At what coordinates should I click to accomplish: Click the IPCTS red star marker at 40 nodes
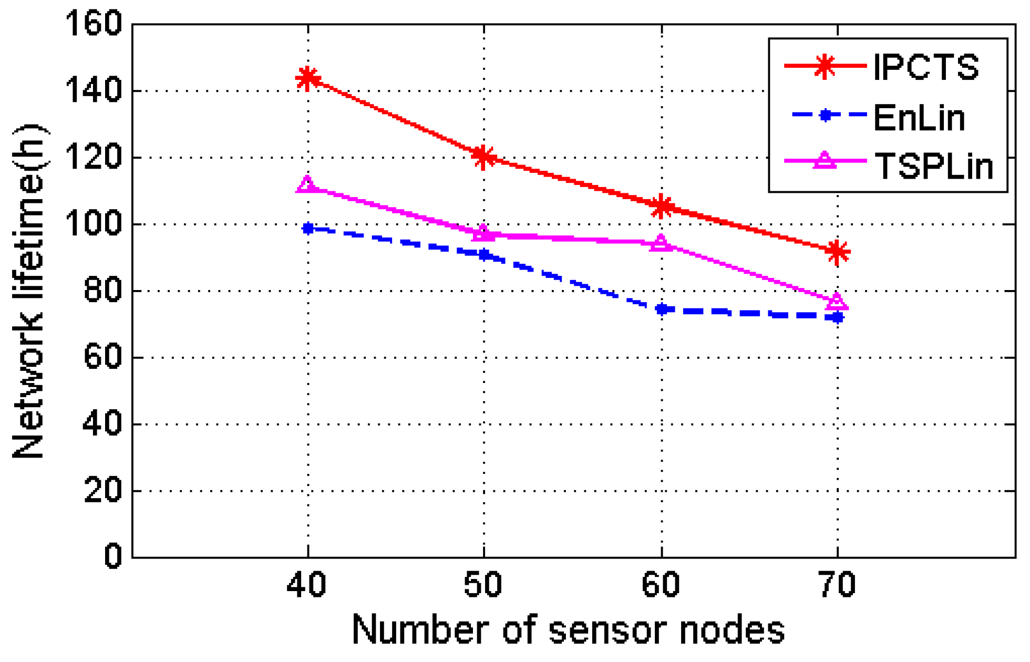[x=307, y=78]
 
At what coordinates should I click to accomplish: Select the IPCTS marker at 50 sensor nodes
[x=483, y=156]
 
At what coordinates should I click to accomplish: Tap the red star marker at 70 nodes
[x=837, y=252]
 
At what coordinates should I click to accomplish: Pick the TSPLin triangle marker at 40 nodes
[x=307, y=185]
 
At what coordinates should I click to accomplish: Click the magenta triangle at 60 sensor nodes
[x=661, y=243]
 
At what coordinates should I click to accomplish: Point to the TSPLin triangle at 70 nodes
[x=837, y=302]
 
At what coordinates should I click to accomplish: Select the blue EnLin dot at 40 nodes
[x=308, y=228]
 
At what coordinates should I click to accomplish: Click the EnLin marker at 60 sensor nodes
[x=662, y=309]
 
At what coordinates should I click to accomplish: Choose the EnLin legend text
[x=919, y=117]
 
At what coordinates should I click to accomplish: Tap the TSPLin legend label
[x=933, y=166]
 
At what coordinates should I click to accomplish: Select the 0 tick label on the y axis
[x=113, y=556]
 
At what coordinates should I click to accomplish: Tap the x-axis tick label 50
[x=483, y=585]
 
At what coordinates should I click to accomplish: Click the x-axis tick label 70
[x=837, y=585]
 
